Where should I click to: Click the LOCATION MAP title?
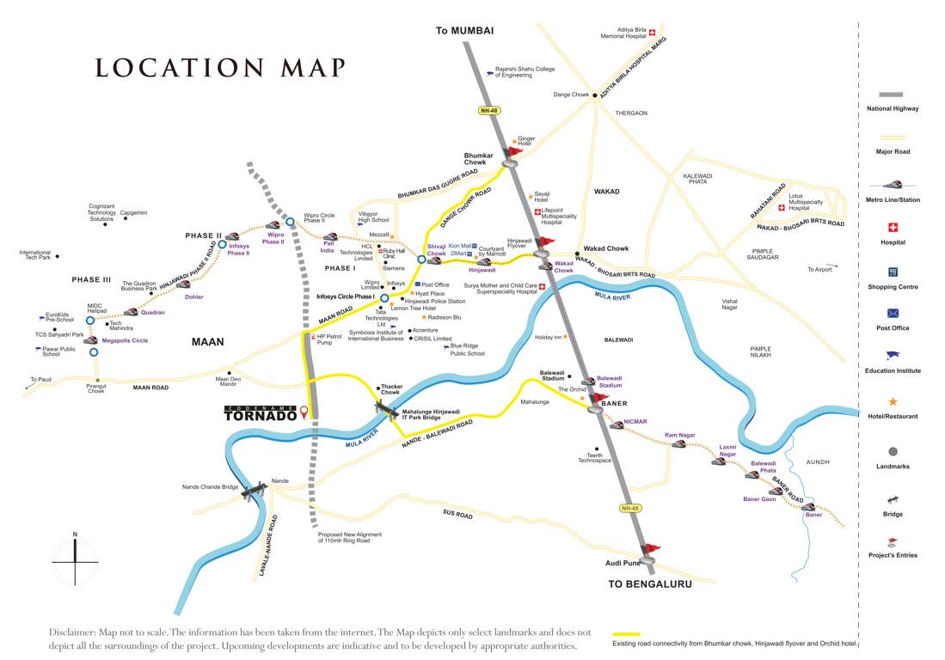click(219, 68)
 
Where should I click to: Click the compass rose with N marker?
click(75, 560)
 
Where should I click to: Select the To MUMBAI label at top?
click(464, 30)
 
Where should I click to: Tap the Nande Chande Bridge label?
click(210, 487)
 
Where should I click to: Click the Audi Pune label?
click(620, 564)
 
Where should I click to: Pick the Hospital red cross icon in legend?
click(892, 228)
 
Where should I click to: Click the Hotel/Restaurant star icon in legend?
click(892, 401)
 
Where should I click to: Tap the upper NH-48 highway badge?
click(488, 110)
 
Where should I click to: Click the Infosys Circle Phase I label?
click(346, 296)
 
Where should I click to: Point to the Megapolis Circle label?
click(125, 340)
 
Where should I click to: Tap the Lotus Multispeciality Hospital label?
click(811, 204)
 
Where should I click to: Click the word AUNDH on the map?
click(818, 461)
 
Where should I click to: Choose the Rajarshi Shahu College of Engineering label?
click(527, 71)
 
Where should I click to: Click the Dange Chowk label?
click(570, 95)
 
